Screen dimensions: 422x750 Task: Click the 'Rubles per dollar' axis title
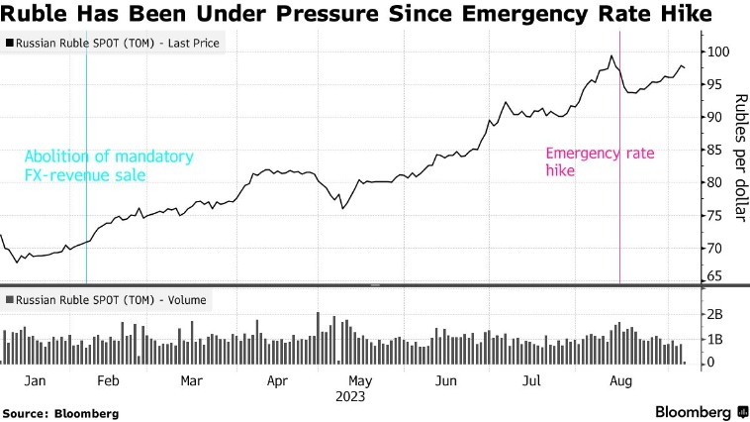(x=738, y=149)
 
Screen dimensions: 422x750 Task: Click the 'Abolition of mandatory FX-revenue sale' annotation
(x=108, y=165)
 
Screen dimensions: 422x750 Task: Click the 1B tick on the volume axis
(x=713, y=339)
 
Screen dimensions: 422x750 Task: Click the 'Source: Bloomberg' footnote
(x=60, y=412)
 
